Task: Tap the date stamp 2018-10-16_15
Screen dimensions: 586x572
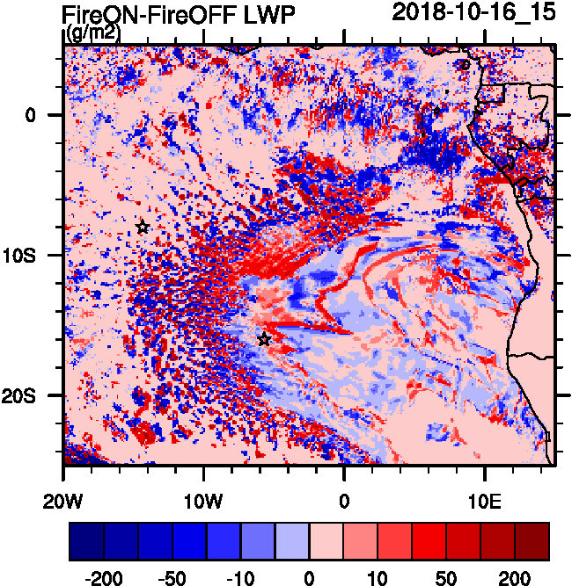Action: coord(474,12)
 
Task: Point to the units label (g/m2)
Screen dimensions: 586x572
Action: coord(94,33)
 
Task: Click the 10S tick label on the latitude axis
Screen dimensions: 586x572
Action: coord(32,255)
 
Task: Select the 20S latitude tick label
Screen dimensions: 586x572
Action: coord(32,395)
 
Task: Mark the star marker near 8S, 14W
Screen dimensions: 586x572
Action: coord(143,228)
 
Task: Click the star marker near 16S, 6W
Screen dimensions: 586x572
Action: coord(264,340)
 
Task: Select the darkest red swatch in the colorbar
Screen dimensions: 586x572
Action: coord(532,541)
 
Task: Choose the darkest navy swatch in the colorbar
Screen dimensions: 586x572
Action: coord(86,541)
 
